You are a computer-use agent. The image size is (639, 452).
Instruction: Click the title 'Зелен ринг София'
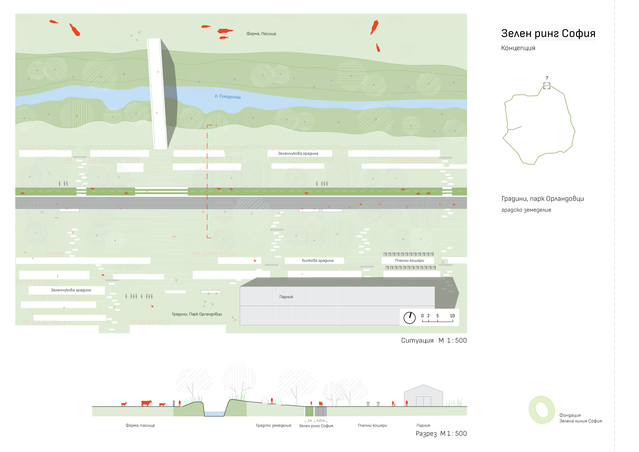click(x=548, y=34)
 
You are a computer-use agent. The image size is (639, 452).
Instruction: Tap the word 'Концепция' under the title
click(x=518, y=48)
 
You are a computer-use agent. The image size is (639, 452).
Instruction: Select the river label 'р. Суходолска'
click(x=228, y=97)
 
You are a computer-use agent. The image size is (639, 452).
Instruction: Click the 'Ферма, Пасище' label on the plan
click(x=261, y=34)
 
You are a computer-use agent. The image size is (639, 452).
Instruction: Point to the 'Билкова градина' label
click(x=318, y=260)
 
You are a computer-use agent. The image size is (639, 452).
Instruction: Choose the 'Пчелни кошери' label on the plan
click(x=409, y=260)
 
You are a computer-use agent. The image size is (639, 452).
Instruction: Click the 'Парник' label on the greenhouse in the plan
click(x=286, y=297)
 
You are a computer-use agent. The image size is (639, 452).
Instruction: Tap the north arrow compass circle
click(x=409, y=318)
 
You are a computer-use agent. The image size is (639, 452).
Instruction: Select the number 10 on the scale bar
click(x=452, y=316)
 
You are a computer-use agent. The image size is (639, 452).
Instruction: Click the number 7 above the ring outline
click(x=547, y=78)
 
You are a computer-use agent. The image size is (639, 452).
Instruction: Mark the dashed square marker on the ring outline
click(x=547, y=86)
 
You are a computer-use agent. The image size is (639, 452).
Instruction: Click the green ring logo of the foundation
click(x=542, y=410)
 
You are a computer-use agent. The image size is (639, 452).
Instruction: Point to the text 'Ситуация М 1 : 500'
click(x=434, y=341)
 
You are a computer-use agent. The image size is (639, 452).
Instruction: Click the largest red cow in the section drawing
click(x=146, y=403)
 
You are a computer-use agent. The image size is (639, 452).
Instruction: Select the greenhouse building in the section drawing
click(x=423, y=396)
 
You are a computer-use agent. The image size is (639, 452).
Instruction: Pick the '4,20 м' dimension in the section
click(x=320, y=421)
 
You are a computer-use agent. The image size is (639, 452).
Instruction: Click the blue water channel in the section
click(x=214, y=414)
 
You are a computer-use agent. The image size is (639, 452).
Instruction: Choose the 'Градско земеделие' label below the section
click(x=274, y=425)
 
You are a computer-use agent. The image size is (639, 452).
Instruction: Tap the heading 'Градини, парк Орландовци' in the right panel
click(x=542, y=199)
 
